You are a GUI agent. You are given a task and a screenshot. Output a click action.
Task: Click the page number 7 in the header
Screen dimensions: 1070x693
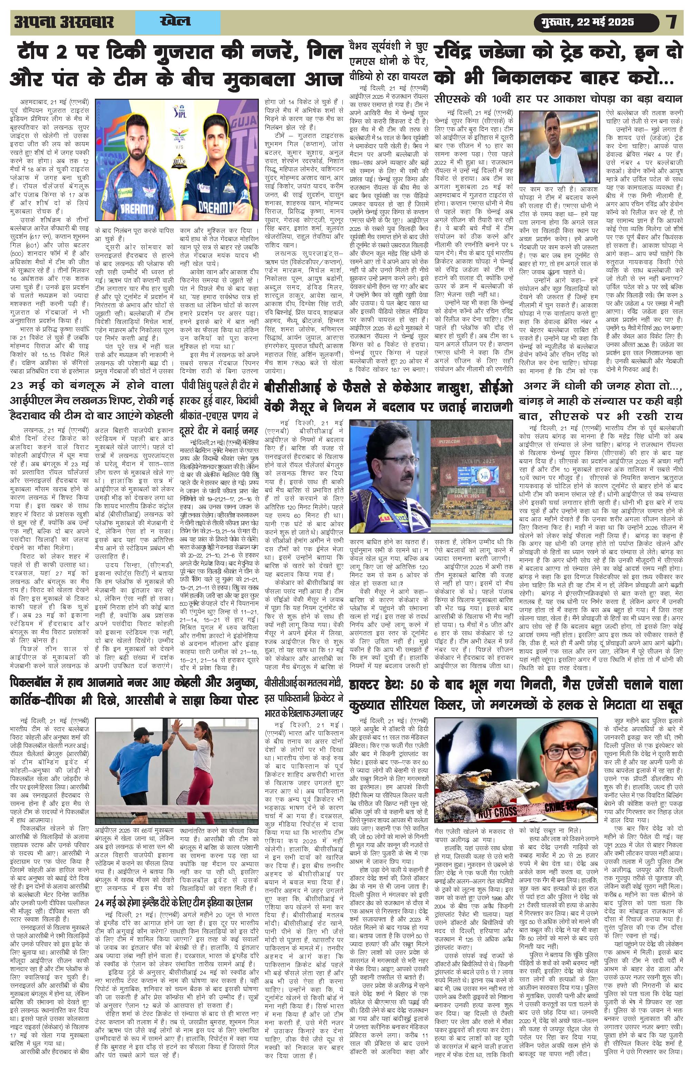tap(672, 22)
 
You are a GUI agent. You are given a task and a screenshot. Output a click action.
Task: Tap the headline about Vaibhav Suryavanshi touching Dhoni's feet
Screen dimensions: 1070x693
tap(389, 61)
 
